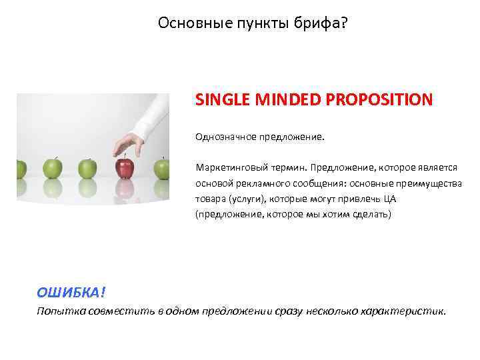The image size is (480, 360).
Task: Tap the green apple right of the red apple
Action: point(161,169)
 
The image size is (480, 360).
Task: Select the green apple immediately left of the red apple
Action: point(87,169)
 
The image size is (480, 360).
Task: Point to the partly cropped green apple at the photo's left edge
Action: point(20,169)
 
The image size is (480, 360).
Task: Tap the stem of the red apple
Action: point(125,156)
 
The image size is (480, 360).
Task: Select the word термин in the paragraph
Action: point(285,166)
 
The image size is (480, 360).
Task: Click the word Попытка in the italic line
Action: point(59,311)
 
